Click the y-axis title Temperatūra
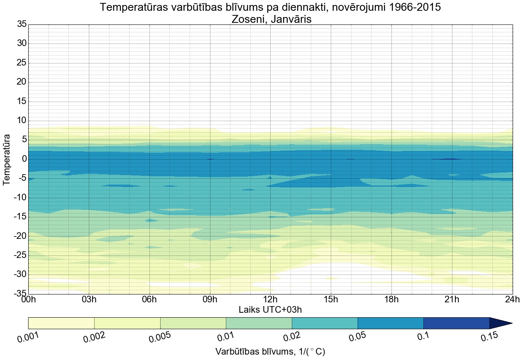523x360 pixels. pyautogui.click(x=7, y=159)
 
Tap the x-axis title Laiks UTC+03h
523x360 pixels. pyautogui.click(x=270, y=309)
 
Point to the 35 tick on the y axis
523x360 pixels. pyautogui.click(x=22, y=24)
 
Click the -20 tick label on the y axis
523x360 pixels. pyautogui.click(x=20, y=236)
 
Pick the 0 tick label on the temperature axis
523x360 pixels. pyautogui.click(x=24, y=159)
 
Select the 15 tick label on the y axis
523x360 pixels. pyautogui.click(x=22, y=102)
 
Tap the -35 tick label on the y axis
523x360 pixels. pyautogui.click(x=20, y=294)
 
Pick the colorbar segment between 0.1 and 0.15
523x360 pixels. pyautogui.click(x=457, y=323)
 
